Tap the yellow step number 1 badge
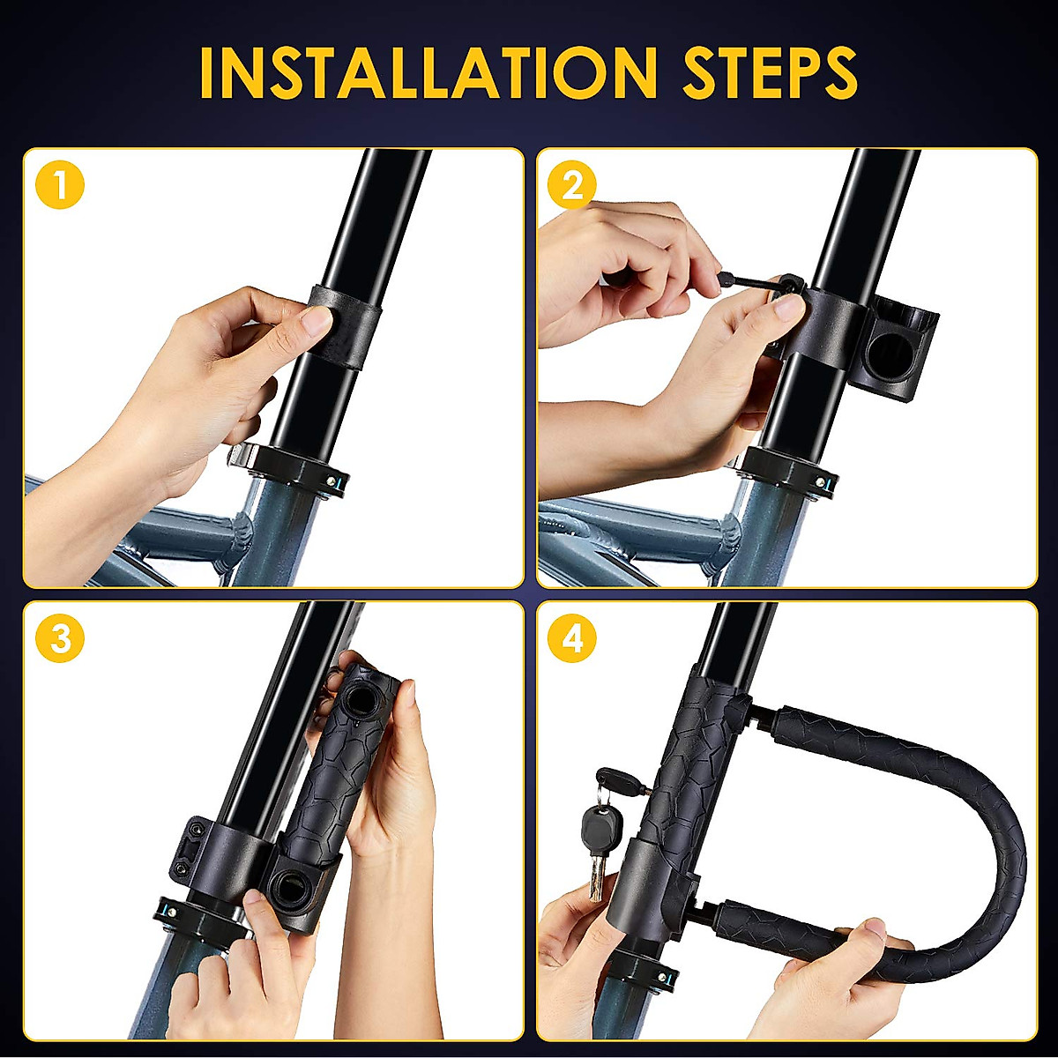[60, 186]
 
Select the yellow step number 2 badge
[572, 186]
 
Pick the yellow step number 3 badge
[60, 638]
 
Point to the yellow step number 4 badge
[572, 638]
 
